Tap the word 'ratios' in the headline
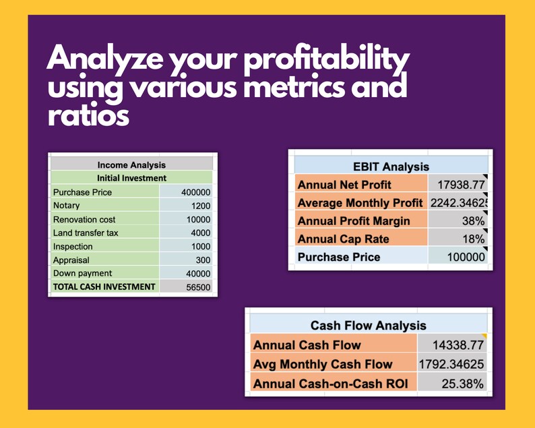(88, 115)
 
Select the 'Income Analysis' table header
(131, 164)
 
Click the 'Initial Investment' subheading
(131, 178)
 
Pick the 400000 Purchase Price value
(196, 192)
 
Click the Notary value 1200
(200, 206)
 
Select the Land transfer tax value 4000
(200, 233)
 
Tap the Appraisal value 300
(203, 259)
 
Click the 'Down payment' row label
(82, 273)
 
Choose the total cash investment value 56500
(198, 286)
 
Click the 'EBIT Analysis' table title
(391, 166)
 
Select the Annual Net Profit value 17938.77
(461, 185)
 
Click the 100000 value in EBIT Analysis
(466, 257)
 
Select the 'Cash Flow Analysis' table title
(368, 326)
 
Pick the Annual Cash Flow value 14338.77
(458, 345)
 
